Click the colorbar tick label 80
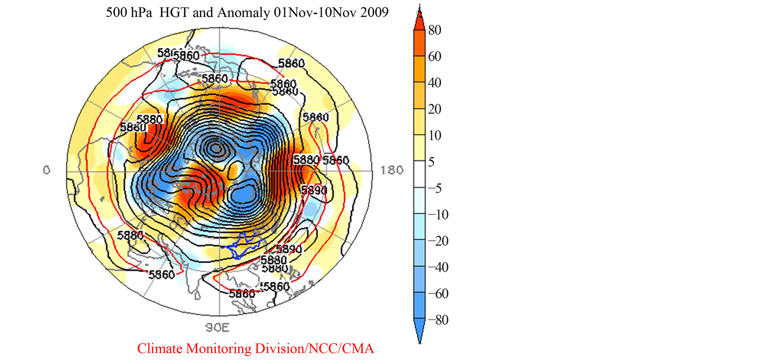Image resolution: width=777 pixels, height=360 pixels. pos(435,30)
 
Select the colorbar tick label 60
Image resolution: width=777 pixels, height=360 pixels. pos(435,56)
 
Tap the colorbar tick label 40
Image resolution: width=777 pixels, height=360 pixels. pos(435,83)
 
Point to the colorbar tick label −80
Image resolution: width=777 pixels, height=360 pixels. pos(438,320)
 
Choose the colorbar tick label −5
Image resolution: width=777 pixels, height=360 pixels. pos(434,188)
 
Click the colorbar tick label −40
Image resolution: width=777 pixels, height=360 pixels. pos(438,267)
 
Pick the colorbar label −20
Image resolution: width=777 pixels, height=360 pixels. pos(438,241)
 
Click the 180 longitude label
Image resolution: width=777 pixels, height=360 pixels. pos(392,171)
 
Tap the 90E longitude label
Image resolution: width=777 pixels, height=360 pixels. pos(217,328)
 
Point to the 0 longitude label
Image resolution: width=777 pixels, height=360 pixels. pos(46,171)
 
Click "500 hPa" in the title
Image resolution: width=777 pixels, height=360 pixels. pos(129,12)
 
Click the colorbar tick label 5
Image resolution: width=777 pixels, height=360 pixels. pos(431,162)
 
